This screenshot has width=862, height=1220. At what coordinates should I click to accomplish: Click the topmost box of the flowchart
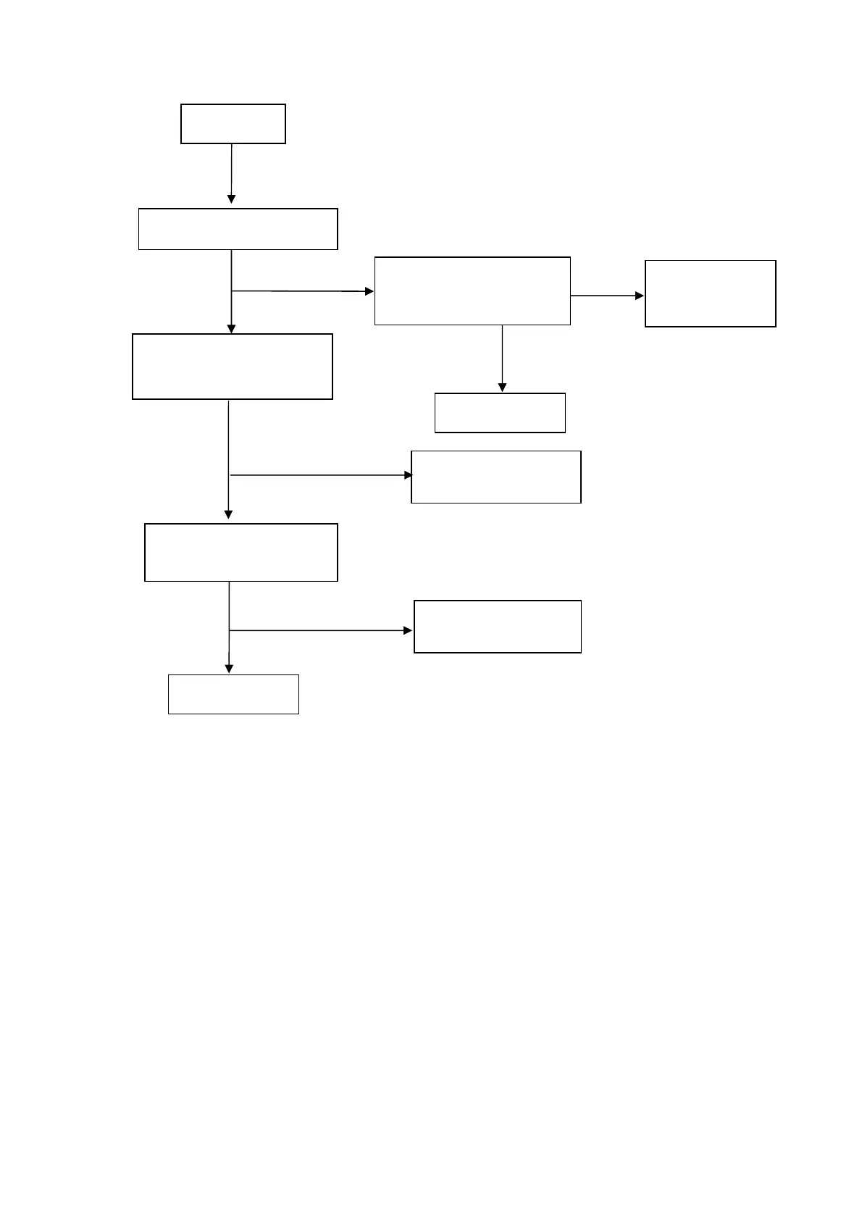tap(233, 124)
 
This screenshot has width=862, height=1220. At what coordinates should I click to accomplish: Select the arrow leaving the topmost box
tap(231, 174)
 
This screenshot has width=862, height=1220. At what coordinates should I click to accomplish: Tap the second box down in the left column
tap(238, 229)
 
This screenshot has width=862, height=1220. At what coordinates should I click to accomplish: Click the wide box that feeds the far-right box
tap(472, 291)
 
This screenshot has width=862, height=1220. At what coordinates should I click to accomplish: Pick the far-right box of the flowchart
tap(710, 293)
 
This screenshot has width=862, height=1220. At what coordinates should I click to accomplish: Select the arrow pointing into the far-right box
tap(607, 296)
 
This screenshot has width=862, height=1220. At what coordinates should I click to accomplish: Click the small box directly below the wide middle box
tap(500, 413)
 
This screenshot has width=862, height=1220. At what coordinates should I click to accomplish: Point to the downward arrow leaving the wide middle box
tap(502, 359)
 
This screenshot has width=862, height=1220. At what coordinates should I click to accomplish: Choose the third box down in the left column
tap(233, 367)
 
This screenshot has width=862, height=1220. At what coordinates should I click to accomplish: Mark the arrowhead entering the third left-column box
tap(231, 329)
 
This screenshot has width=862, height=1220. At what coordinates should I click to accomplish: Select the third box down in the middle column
tap(496, 477)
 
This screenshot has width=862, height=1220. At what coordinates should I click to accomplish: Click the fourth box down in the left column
tap(241, 552)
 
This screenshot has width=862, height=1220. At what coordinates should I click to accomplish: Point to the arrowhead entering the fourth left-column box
tap(229, 514)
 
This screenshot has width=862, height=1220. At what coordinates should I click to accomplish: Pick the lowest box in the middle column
tap(498, 627)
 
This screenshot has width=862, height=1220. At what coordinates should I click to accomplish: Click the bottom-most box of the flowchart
tap(233, 694)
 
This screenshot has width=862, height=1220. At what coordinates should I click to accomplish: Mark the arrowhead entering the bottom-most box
tap(229, 669)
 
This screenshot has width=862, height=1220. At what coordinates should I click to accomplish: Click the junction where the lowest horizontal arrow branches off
tap(230, 631)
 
